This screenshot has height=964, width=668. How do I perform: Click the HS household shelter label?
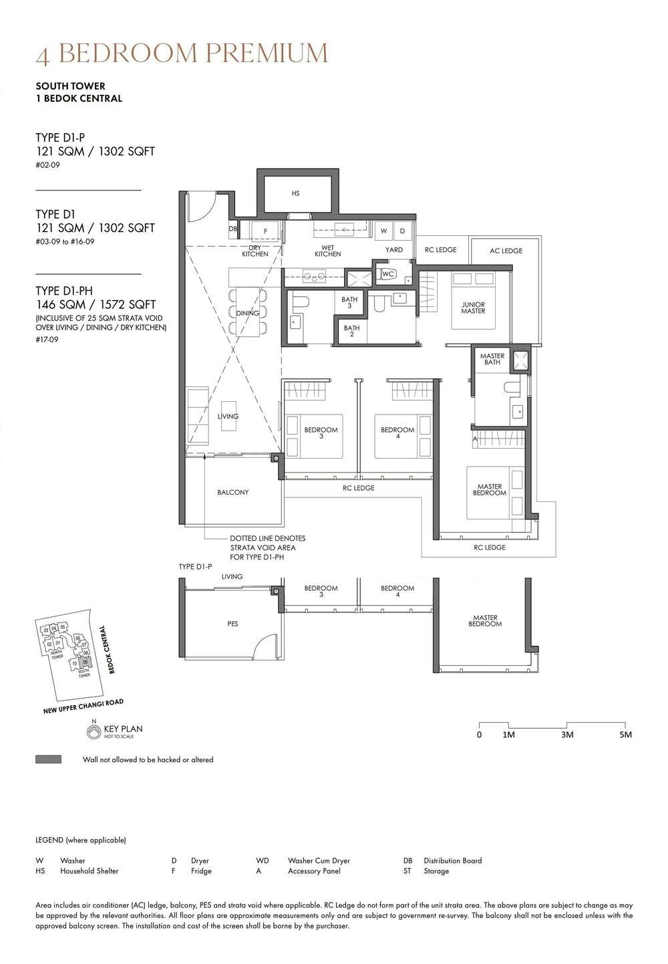pos(295,193)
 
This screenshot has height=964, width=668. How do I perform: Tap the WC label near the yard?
pos(388,274)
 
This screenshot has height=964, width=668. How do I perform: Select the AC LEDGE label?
pos(506,251)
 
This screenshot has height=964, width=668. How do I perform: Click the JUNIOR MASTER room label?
pos(473,308)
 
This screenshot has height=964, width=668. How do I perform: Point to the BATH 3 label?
pos(349,303)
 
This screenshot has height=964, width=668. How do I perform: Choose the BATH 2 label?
pos(351,331)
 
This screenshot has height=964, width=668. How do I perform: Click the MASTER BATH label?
pos(492,359)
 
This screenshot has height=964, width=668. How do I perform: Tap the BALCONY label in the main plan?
pos(232,492)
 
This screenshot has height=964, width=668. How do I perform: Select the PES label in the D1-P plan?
pos(232,624)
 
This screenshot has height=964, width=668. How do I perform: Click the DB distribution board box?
pos(232,229)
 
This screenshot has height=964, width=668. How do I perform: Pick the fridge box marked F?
pos(265,231)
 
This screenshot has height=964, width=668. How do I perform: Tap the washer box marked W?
pos(383,231)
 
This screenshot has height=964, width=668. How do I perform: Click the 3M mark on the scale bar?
pos(566,735)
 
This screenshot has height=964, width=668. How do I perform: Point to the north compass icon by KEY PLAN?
pos(94,732)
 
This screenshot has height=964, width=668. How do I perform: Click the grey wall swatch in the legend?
pos(48,759)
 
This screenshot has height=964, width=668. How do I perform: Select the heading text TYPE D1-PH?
pos(64,291)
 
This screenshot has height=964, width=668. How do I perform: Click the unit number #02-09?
pos(47,165)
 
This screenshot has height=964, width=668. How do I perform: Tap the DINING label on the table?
pos(247,313)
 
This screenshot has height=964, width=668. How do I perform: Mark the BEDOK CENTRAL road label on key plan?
pos(107,649)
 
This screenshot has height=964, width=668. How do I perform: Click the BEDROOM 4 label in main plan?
pos(397,433)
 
